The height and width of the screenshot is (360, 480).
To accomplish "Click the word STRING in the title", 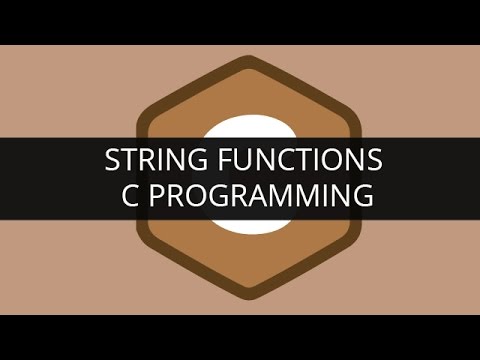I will (x=148, y=160).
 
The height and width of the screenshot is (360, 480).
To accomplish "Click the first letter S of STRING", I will (x=113, y=160).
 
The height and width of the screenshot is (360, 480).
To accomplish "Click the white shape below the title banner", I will (x=240, y=226).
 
